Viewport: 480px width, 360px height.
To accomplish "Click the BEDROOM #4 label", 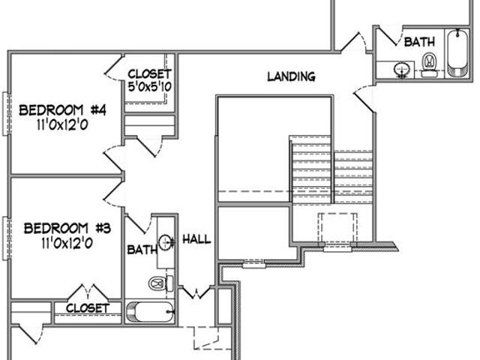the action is pos(62,110).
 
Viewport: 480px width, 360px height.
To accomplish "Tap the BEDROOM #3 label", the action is pos(67,228).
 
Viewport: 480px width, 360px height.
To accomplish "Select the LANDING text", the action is pos(291,76).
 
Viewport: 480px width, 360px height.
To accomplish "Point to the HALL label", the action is pos(196,239).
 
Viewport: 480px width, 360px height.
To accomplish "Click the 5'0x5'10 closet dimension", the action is pos(150,87).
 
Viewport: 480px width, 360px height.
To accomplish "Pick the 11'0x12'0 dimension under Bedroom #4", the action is pos(62,125).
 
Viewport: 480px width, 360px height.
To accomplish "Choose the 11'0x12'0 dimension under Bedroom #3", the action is pos(67,243).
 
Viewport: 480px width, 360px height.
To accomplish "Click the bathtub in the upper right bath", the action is pos(457,52).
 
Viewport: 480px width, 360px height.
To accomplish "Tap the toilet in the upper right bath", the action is pos(429,65).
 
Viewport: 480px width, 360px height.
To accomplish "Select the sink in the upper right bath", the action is pos(402,70).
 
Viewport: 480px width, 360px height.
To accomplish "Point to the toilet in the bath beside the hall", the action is pos(161,283).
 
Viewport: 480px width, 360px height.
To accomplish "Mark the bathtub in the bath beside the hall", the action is pos(150,312).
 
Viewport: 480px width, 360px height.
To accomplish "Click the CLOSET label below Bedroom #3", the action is pos(88,308).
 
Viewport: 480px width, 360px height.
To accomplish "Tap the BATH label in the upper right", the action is pos(419,42).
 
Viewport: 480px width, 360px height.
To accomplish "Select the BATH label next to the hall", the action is pos(142,250).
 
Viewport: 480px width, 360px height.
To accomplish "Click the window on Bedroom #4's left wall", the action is pos(7,113).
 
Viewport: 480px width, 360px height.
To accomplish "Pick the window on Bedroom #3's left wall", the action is pos(7,238).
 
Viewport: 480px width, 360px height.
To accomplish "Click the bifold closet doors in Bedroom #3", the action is pos(88,292).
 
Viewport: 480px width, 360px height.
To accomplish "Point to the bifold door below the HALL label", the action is pos(195,292).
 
